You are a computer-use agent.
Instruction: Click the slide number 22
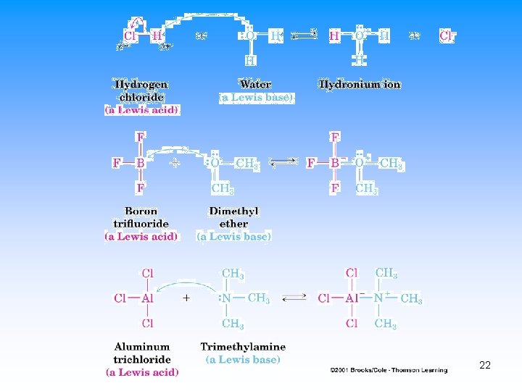[x=485, y=365]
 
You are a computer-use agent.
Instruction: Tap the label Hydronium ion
[x=360, y=85]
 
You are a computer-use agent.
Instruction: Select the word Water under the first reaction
[x=256, y=85]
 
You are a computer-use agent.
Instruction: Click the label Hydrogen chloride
[x=141, y=91]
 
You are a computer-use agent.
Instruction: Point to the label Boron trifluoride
[x=141, y=217]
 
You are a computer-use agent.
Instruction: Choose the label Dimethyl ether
[x=233, y=217]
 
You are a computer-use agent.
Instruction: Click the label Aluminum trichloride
[x=142, y=353]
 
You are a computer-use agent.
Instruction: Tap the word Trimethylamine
[x=243, y=347]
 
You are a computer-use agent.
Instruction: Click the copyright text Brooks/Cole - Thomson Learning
[x=389, y=370]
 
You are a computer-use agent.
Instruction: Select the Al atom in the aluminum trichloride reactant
[x=147, y=298]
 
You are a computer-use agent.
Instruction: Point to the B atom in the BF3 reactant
[x=140, y=164]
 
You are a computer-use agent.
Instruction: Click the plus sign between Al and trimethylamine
[x=187, y=298]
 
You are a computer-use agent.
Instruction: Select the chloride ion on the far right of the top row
[x=447, y=35]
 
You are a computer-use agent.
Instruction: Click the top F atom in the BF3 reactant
[x=140, y=137]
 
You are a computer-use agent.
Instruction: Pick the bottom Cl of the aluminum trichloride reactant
[x=147, y=323]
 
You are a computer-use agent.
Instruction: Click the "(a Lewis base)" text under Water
[x=256, y=97]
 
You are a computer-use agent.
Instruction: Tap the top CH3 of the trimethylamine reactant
[x=232, y=274]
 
